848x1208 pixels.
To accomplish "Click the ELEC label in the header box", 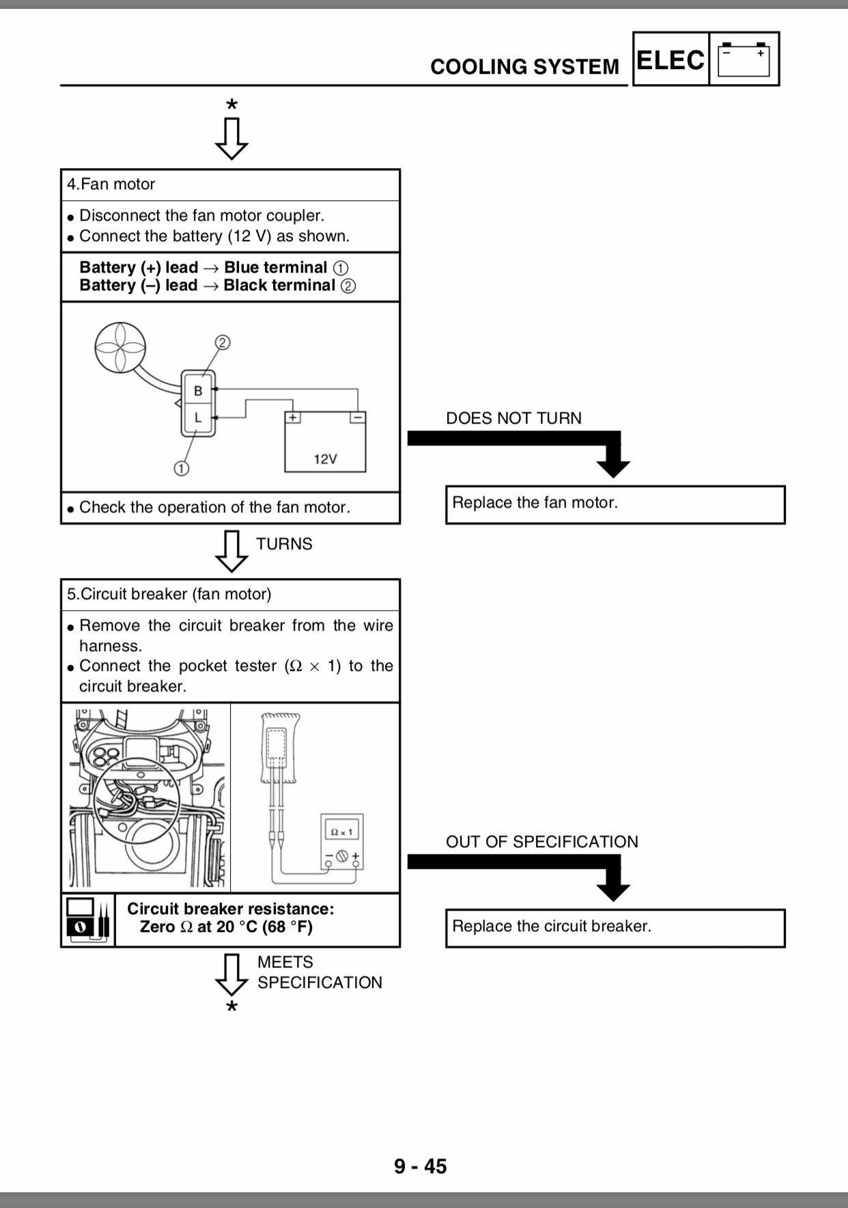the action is (x=670, y=60).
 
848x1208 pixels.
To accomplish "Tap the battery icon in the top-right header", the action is (x=744, y=59).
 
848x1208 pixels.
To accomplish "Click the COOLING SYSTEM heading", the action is (x=524, y=67).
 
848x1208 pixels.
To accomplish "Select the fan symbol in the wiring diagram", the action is (x=121, y=347).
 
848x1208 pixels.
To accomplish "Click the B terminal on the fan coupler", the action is (x=198, y=390).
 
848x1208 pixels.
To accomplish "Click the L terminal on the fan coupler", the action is (x=198, y=417).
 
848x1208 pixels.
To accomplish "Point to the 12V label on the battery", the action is (x=325, y=459).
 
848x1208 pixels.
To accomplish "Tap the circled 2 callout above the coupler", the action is (x=223, y=342).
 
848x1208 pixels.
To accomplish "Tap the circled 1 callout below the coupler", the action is (x=181, y=468).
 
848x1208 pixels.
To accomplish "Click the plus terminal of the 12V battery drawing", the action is (x=292, y=417).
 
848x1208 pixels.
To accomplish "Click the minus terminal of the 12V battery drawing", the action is (x=357, y=417).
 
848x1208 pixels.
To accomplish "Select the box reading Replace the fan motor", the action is (x=615, y=505).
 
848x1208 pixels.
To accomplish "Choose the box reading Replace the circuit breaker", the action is (x=615, y=928).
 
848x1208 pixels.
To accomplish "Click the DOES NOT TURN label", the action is (x=513, y=418).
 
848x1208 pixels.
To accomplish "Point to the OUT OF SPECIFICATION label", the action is (x=542, y=842).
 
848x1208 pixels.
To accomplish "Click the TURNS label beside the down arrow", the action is (x=284, y=544).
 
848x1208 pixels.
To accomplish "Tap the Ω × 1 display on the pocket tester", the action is (x=341, y=832).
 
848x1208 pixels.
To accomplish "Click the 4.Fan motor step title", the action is (x=111, y=184).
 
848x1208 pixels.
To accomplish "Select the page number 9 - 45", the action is (x=421, y=1166).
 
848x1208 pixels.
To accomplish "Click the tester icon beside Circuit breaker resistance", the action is (x=88, y=920).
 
